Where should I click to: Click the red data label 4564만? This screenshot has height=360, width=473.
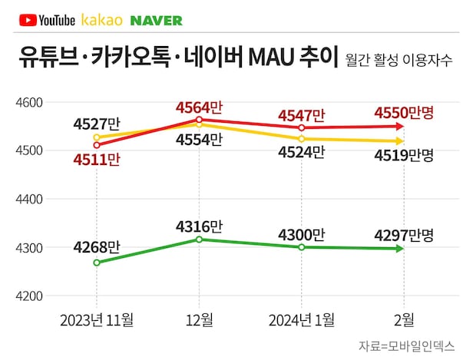(x=198, y=107)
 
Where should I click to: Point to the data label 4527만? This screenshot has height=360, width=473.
(x=96, y=122)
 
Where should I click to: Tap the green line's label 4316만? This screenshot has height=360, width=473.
(x=199, y=226)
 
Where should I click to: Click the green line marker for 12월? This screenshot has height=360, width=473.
(x=200, y=239)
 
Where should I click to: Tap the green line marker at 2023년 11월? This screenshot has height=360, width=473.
(x=97, y=263)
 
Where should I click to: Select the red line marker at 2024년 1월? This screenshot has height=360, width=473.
(x=302, y=127)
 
